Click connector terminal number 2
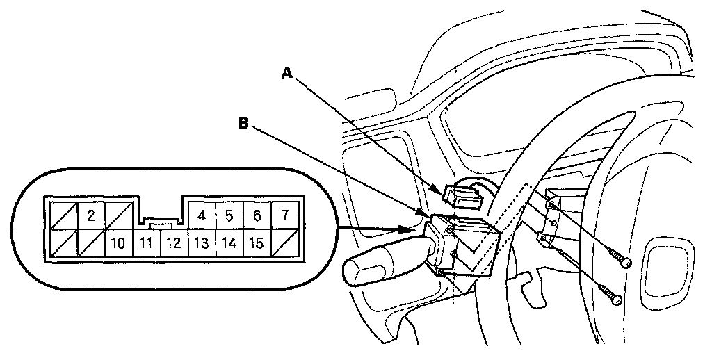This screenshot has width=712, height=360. click(91, 215)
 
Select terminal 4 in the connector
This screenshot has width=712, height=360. click(202, 215)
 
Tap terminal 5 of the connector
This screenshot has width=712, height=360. click(229, 215)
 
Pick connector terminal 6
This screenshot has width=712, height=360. click(257, 215)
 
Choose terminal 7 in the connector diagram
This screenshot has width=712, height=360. click(284, 215)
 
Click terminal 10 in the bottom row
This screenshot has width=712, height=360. click(118, 243)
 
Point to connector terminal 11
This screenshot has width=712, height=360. click(146, 243)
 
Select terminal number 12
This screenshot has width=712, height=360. click(174, 243)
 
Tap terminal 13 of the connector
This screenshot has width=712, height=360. click(202, 243)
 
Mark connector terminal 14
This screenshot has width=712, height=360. click(229, 243)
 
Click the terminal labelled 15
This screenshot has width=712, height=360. click(257, 243)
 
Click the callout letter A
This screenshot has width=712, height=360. click(287, 73)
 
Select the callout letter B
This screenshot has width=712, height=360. click(243, 123)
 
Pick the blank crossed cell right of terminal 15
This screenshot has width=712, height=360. click(284, 243)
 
